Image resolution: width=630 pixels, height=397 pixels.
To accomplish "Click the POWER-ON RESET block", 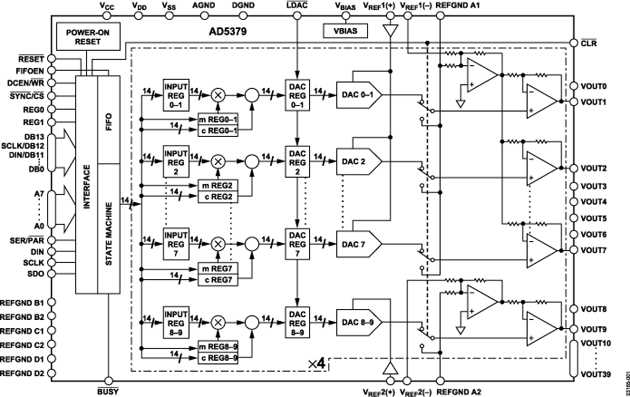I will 88,37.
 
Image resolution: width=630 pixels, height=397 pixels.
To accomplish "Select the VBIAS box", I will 345,31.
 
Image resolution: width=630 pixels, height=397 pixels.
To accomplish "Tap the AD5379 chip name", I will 228,31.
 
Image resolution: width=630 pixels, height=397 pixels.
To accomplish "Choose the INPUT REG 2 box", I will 176,162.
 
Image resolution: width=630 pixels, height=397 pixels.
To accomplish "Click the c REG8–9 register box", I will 218,358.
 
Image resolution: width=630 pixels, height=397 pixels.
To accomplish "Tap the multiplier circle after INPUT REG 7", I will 217,243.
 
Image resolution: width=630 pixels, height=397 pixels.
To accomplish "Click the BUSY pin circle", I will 109,381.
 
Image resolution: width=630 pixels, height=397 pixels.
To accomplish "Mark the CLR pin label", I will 589,43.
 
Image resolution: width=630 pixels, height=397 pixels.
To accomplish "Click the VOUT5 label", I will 593,218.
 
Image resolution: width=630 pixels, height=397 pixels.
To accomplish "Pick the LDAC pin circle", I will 297,16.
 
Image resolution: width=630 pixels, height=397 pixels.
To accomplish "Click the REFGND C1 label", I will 22,331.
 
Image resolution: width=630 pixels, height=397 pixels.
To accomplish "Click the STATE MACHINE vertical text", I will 109,234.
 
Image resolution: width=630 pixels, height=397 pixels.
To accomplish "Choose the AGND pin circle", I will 204,16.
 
